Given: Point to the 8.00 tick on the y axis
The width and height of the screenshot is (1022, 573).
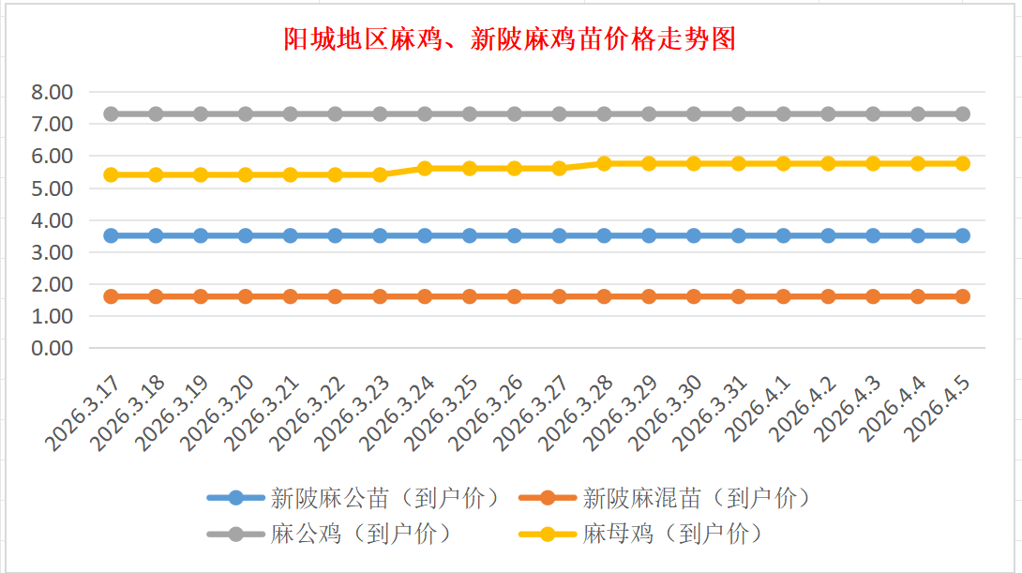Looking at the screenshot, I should (x=52, y=92).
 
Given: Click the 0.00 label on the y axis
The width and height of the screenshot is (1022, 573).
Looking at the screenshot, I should (x=52, y=348).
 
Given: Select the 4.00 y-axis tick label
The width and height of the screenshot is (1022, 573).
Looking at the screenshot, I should (x=52, y=220).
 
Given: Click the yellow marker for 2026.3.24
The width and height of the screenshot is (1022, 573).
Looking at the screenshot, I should (x=425, y=168).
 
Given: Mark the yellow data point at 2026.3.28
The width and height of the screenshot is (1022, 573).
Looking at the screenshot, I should (x=604, y=163).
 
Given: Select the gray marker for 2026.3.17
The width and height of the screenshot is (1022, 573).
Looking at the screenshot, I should (x=111, y=113).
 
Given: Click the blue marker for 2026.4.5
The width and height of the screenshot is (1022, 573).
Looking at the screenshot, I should (x=962, y=235).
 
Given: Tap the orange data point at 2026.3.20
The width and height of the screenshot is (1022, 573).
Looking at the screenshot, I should (x=246, y=296).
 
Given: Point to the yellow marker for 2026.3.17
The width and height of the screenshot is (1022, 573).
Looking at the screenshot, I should (x=111, y=174).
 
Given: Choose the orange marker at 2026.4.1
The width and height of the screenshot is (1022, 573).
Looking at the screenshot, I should (x=783, y=296).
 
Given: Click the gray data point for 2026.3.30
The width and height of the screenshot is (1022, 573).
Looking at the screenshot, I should (x=694, y=113).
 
